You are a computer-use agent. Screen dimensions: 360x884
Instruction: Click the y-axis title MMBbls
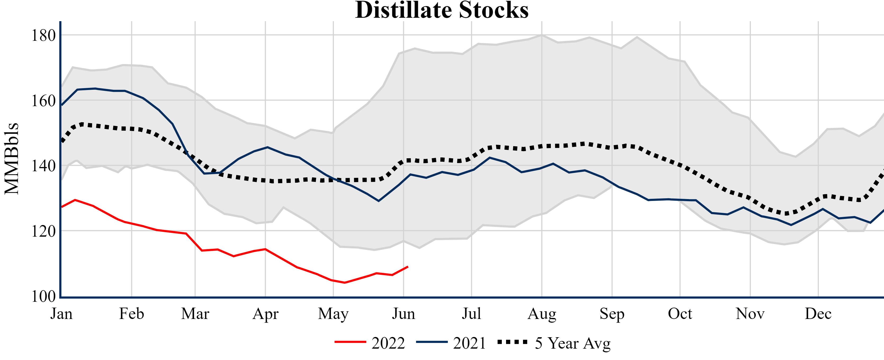12,159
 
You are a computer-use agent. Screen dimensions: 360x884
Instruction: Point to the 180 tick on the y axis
43,35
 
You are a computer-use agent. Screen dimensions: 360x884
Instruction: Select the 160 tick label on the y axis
43,101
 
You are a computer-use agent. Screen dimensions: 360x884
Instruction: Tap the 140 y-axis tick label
43,166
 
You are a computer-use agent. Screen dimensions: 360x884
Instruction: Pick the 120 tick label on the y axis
43,231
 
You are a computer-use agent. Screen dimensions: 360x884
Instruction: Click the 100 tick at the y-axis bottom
43,296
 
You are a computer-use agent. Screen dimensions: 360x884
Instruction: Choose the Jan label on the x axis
61,314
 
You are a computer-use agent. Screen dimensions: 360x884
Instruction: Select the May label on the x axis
333,314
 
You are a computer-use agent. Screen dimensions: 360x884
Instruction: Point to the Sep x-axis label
612,314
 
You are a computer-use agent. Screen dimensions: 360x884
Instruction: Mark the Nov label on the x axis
750,314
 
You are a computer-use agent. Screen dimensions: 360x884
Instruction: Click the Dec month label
818,314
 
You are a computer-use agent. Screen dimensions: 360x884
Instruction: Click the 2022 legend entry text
388,343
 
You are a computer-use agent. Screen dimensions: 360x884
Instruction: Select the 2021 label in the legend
469,343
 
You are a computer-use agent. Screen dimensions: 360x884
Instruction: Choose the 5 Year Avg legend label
573,343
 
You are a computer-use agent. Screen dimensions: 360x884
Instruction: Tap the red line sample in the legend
350,342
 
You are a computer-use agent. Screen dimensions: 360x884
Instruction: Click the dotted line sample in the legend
512,342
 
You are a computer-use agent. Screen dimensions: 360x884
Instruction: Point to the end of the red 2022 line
408,267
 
